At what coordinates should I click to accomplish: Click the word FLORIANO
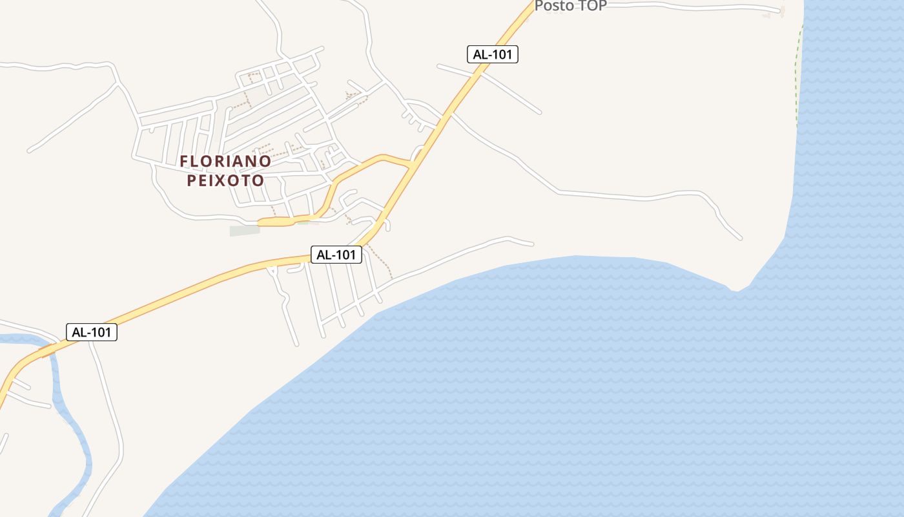tap(225, 161)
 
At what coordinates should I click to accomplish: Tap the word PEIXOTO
tap(225, 180)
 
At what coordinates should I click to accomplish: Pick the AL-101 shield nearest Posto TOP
tap(493, 54)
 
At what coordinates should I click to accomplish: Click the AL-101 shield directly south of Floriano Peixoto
tap(336, 255)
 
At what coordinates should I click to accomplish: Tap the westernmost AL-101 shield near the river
tap(92, 332)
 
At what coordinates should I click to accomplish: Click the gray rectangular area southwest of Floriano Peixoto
tap(244, 231)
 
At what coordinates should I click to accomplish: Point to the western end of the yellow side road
tap(260, 222)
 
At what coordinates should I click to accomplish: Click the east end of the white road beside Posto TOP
tap(780, 11)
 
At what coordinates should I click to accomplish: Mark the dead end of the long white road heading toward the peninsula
tap(740, 238)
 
